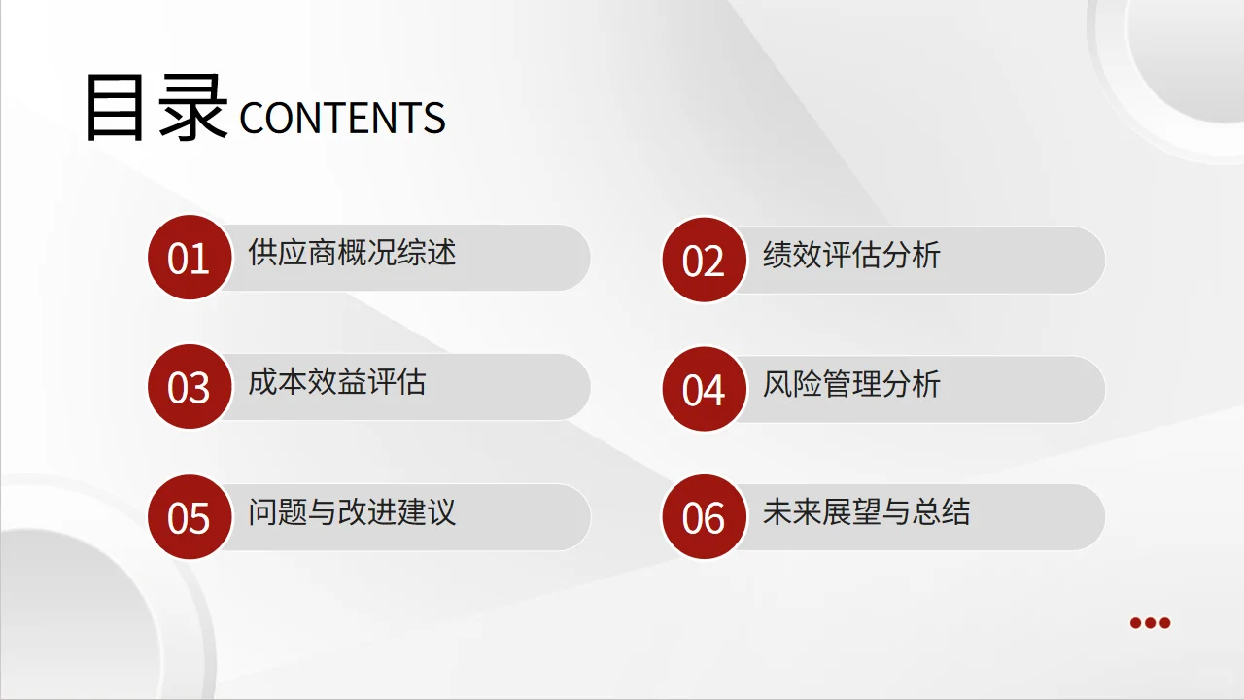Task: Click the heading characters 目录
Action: [155, 108]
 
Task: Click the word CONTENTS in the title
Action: [342, 119]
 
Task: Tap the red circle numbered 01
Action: [190, 258]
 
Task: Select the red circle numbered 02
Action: [705, 260]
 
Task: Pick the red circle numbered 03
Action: [190, 387]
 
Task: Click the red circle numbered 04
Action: [705, 389]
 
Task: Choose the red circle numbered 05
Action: [190, 516]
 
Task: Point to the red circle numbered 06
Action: [705, 517]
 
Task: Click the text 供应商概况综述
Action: [352, 254]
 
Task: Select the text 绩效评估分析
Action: [851, 256]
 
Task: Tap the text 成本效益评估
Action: [336, 382]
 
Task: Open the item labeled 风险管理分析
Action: [851, 384]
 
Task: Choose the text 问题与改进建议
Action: [352, 511]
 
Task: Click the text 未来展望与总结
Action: [866, 512]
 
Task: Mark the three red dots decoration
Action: [1150, 623]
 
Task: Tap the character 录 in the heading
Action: [193, 108]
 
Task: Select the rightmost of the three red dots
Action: [1164, 623]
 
